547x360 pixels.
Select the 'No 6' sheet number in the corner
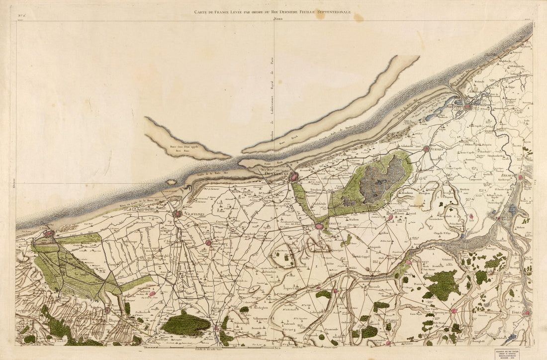[x=22, y=16]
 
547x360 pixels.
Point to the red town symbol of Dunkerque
[x=294, y=176]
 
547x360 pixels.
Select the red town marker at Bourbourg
[x=208, y=243]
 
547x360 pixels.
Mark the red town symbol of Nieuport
[x=467, y=105]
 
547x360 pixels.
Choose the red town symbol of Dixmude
[x=520, y=177]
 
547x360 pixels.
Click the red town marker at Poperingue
[x=454, y=311]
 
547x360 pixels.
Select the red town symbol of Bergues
[x=319, y=226]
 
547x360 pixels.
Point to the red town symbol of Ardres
[x=107, y=310]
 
